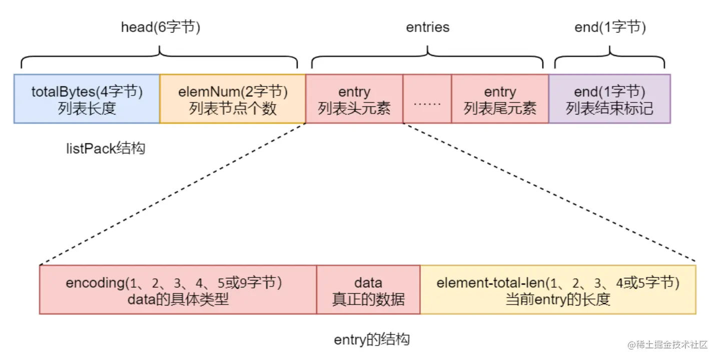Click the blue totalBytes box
(87, 98)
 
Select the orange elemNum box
(233, 98)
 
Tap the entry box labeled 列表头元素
(354, 98)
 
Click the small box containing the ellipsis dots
(427, 98)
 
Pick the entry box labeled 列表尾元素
(500, 98)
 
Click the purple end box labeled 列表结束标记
(609, 98)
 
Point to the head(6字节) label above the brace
(161, 27)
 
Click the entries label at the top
(427, 27)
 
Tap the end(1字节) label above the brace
(610, 27)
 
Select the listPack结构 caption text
(106, 148)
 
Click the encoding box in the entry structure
(178, 289)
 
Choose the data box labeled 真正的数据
(368, 289)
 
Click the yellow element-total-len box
(558, 289)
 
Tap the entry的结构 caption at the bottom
(371, 340)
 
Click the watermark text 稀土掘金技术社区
(668, 344)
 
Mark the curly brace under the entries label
(427, 57)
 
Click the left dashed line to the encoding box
(173, 193)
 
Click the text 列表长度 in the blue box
(87, 108)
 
